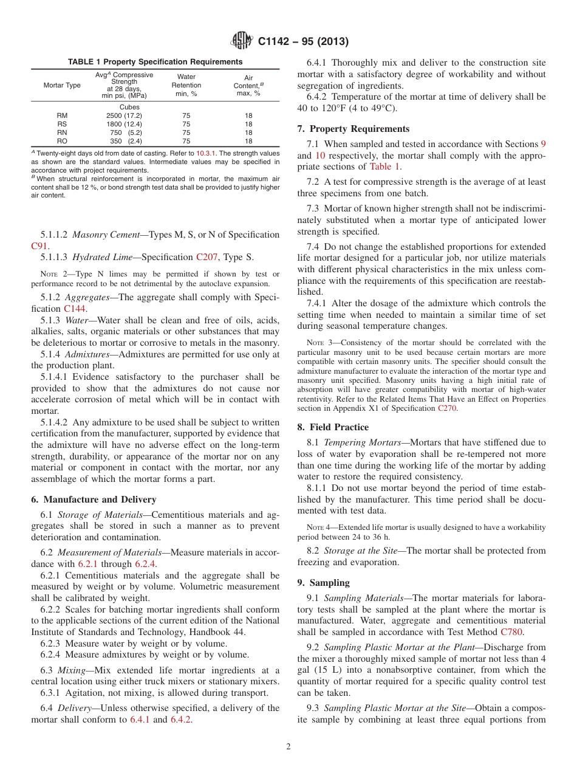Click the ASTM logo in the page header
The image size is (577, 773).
(242, 41)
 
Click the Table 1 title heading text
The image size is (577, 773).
(155, 62)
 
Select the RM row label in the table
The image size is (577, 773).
(62, 115)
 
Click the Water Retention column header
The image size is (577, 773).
(186, 85)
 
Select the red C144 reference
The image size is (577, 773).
(75, 309)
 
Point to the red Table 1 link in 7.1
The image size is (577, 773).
(384, 167)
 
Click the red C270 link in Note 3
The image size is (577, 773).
(447, 408)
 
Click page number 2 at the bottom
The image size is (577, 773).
(288, 747)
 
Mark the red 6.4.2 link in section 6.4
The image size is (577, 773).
(181, 720)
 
